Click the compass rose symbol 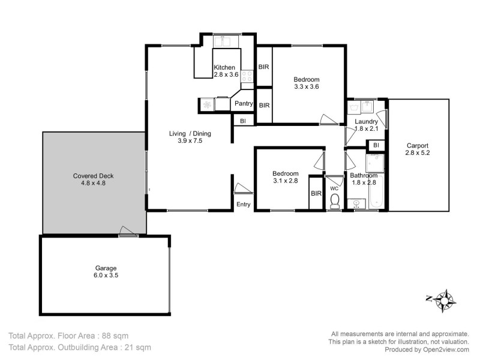click(x=445, y=298)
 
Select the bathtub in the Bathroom click(x=376, y=195)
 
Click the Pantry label click(x=243, y=104)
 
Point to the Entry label click(x=243, y=205)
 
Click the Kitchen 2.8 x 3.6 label click(x=226, y=71)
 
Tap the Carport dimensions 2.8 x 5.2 click(x=418, y=153)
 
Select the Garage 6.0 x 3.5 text click(x=105, y=272)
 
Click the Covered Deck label click(x=93, y=180)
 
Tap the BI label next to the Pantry click(x=242, y=121)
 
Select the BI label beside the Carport click(x=376, y=145)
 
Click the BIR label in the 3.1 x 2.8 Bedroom click(x=316, y=193)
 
